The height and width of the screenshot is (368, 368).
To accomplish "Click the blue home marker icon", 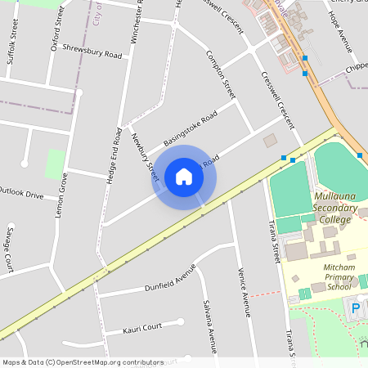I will [184, 176].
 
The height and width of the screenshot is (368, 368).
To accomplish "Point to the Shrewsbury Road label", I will [92, 54].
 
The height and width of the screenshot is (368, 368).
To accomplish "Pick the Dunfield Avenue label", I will [171, 278].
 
